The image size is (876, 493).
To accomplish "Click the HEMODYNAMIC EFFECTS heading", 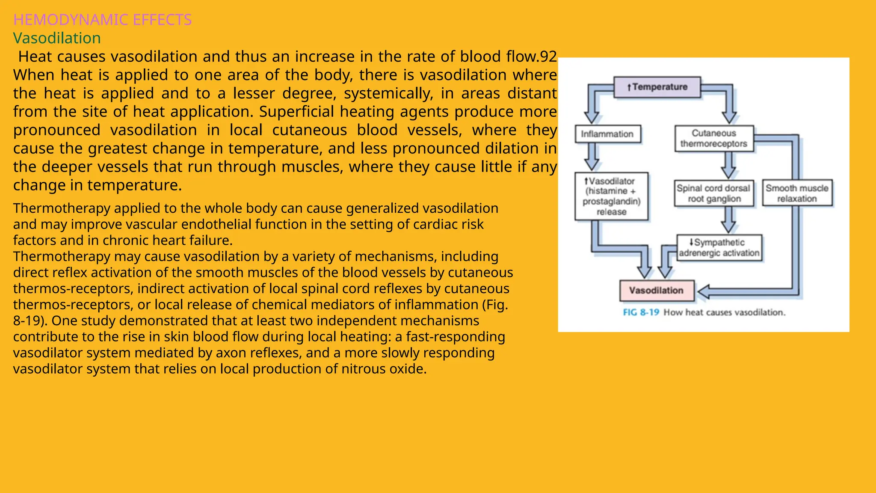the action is pos(103,20).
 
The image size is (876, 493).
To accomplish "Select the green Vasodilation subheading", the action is pos(57,38).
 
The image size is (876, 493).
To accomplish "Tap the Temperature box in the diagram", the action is pos(657,87).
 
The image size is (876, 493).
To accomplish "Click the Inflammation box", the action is pos(608,134).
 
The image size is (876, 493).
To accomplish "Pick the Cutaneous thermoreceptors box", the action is pos(714,139).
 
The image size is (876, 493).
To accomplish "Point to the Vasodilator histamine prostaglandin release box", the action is pos(612,196).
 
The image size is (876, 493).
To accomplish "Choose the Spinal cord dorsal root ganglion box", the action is pos(714,193).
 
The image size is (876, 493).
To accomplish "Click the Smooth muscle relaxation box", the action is pos(797,193).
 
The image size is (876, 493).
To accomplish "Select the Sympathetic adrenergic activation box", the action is pos(719,248).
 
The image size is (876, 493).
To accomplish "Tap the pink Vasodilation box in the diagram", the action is pos(657,291).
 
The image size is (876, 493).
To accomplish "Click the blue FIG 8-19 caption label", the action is pos(641,312).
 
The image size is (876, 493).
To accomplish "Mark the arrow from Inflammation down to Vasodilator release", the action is pos(592,157).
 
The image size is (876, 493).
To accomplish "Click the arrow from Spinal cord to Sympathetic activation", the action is pos(728,220).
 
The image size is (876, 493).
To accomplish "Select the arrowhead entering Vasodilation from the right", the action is pos(704,291).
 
